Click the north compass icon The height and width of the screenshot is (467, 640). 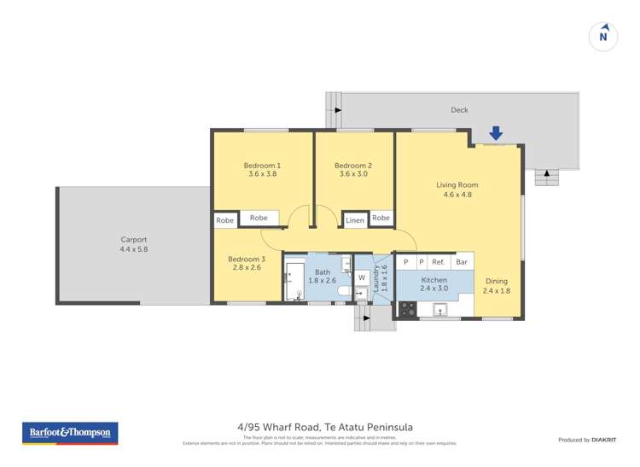tap(603, 36)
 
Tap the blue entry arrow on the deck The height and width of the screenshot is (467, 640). tap(496, 133)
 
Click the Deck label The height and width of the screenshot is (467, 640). tap(460, 110)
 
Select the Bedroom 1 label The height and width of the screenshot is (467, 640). tap(262, 166)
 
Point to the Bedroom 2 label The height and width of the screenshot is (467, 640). tap(353, 166)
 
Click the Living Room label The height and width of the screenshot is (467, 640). tap(457, 184)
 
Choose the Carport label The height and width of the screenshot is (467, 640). tap(134, 240)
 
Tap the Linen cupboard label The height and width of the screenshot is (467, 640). tap(355, 220)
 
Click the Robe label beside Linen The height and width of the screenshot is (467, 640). tap(381, 219)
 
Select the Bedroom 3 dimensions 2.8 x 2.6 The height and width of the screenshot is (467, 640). tap(246, 268)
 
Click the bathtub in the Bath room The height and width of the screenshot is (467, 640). tap(295, 282)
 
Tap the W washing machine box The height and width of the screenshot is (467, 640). tap(362, 277)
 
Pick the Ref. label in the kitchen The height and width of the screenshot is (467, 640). tap(439, 263)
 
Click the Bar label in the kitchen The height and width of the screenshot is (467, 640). tap(462, 263)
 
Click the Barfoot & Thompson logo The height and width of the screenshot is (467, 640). tap(70, 433)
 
